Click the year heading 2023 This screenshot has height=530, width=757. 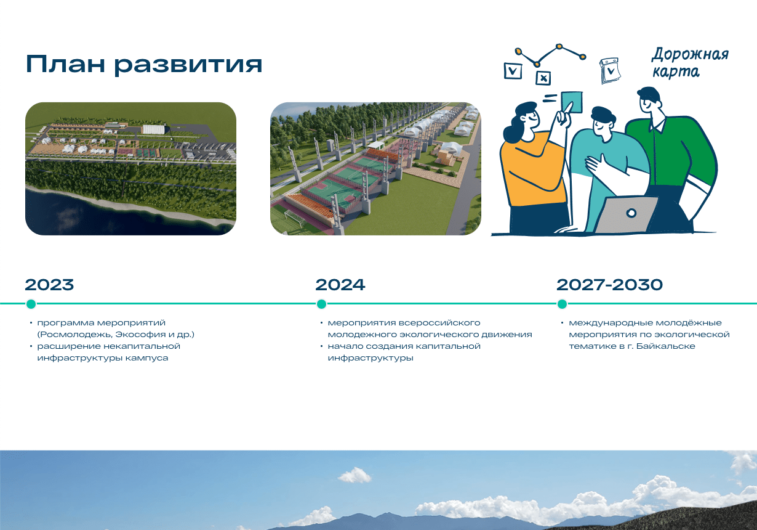49,285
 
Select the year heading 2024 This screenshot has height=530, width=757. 340,285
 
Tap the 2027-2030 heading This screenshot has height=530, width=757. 610,285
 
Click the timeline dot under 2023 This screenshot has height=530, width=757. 31,304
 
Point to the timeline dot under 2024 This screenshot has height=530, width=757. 322,304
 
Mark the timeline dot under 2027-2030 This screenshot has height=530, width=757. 562,304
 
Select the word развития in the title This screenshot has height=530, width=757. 188,65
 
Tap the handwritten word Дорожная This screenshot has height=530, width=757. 690,55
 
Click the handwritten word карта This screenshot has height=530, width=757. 676,71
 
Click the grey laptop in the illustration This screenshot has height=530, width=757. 625,214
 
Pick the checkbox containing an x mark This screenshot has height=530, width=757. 543,78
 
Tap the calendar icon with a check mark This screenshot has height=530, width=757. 611,71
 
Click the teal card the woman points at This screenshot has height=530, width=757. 572,102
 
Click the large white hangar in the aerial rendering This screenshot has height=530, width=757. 154,129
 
